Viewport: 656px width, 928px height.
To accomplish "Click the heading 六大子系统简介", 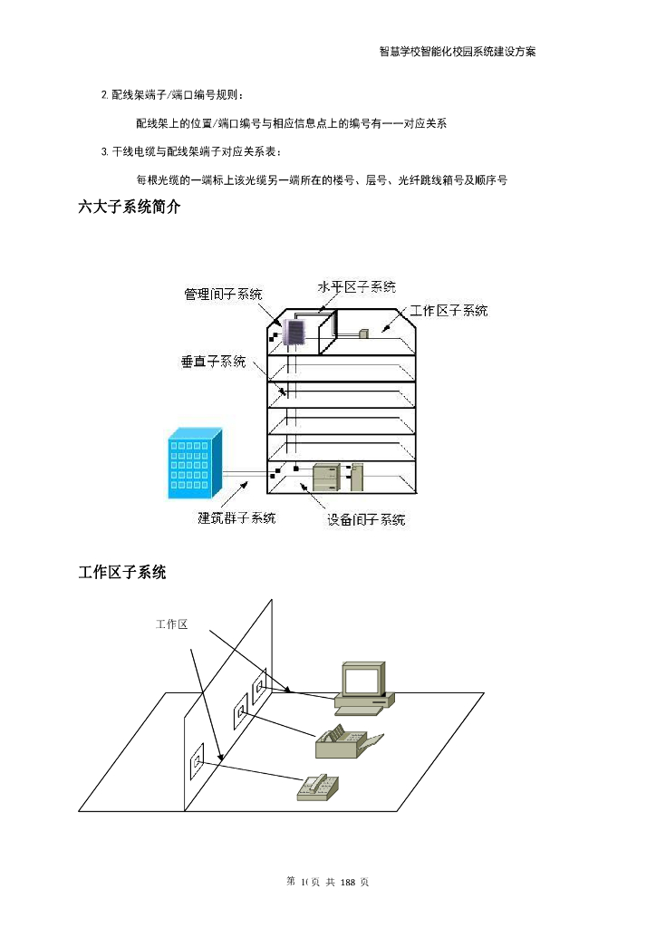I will pos(130,208).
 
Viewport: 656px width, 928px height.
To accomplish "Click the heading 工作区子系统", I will pos(122,572).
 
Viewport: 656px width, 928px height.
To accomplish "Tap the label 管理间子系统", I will pos(224,294).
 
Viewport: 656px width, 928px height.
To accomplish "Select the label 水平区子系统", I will pos(356,287).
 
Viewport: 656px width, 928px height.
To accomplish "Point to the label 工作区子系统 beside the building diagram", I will pos(449,311).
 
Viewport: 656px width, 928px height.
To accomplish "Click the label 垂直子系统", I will pos(213,362).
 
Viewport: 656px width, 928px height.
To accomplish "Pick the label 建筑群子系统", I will pos(237,518).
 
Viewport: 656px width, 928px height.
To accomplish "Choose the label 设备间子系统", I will pos(366,520).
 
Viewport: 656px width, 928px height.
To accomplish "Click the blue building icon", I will pos(194,467).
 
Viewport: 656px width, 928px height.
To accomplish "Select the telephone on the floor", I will pos(319,787).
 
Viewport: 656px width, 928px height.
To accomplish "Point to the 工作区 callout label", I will pos(171,624).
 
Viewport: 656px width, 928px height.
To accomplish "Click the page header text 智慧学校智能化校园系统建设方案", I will pos(457,52).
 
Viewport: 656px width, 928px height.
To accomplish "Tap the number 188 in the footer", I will pos(352,882).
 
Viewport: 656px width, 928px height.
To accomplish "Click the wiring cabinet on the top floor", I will pos(294,333).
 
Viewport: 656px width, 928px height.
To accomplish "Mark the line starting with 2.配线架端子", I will pos(172,94).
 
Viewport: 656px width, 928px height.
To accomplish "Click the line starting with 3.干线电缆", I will pos(192,150).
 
